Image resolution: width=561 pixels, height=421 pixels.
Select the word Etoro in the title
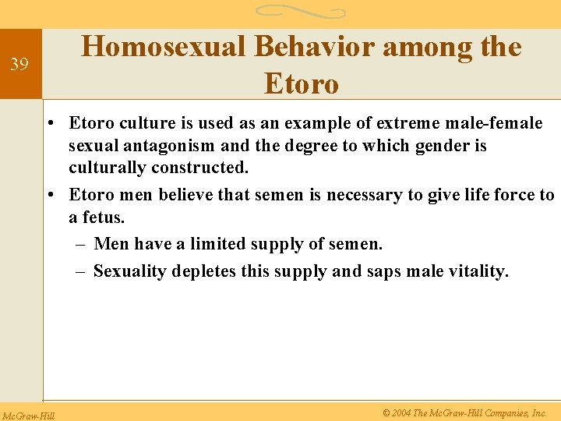point(302,83)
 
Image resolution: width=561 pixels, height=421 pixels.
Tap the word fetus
point(103,218)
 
